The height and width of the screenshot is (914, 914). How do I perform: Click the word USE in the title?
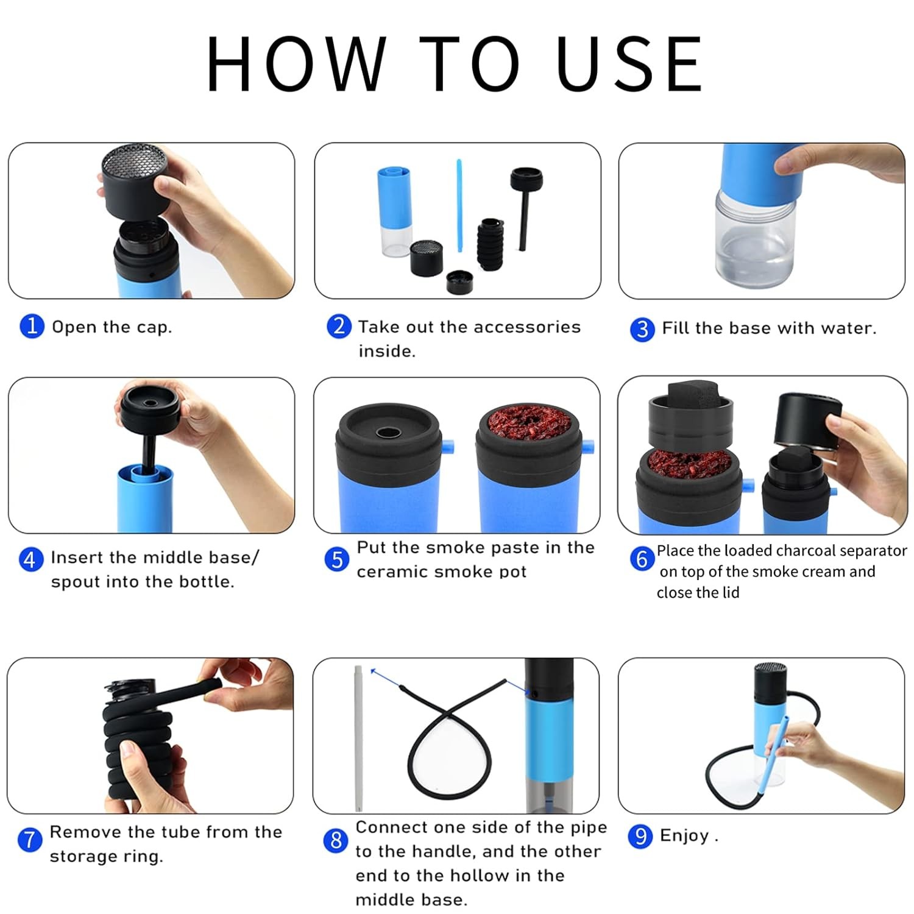[630, 63]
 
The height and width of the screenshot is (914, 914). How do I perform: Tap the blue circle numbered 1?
[32, 326]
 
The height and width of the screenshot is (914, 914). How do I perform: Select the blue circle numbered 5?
[337, 559]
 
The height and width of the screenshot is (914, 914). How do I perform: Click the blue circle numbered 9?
[640, 835]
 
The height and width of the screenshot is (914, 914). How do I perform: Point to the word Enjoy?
[684, 836]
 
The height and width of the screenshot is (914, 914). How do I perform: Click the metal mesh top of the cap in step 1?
[134, 160]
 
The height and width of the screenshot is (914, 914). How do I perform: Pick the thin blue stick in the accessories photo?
[459, 205]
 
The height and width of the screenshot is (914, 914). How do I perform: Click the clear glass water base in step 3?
[756, 240]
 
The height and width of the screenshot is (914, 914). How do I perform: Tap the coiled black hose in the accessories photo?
[491, 243]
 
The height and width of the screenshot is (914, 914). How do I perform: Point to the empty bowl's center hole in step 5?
[388, 433]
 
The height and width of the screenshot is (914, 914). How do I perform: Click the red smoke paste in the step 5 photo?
[528, 425]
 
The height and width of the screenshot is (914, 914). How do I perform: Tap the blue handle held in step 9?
[773, 756]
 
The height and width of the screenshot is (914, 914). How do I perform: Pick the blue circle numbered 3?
[642, 329]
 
